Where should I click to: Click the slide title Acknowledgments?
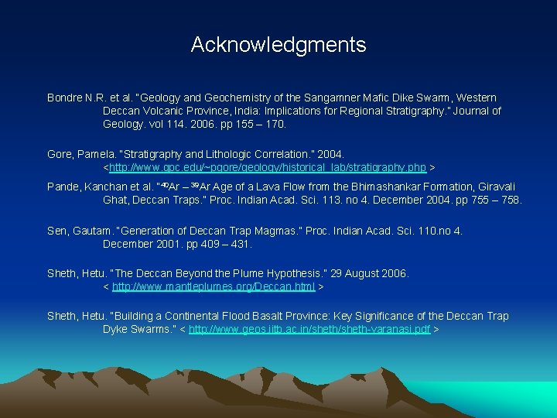278,45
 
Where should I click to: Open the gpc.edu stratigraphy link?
268,167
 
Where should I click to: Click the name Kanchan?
107,187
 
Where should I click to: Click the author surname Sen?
58,231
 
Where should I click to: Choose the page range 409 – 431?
223,245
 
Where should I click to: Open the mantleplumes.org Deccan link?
214,286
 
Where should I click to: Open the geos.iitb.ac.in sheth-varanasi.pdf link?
309,329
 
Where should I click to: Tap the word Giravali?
495,187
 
